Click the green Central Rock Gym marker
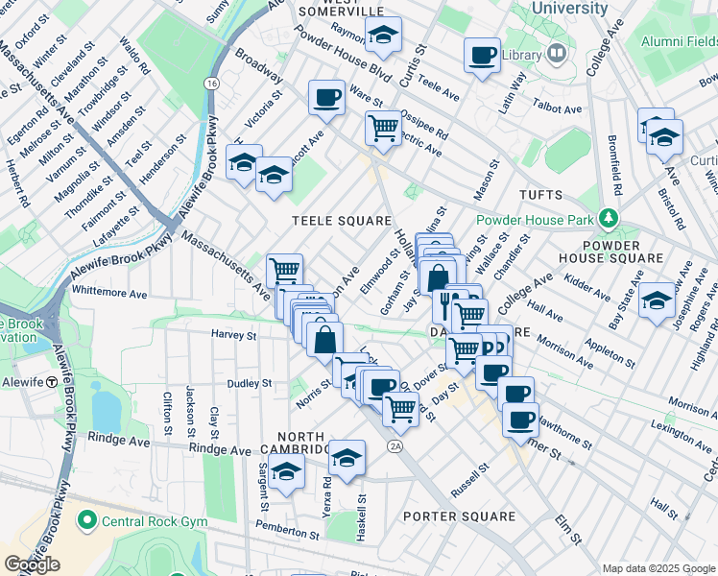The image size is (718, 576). pos(88,521)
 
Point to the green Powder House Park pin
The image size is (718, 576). pos(607,219)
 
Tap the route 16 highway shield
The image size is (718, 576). pos(210,84)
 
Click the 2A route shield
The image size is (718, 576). pos(395,446)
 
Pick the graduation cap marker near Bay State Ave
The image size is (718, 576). pos(657,300)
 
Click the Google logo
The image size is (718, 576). pos(32,564)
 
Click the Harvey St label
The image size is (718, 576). pos(234,336)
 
